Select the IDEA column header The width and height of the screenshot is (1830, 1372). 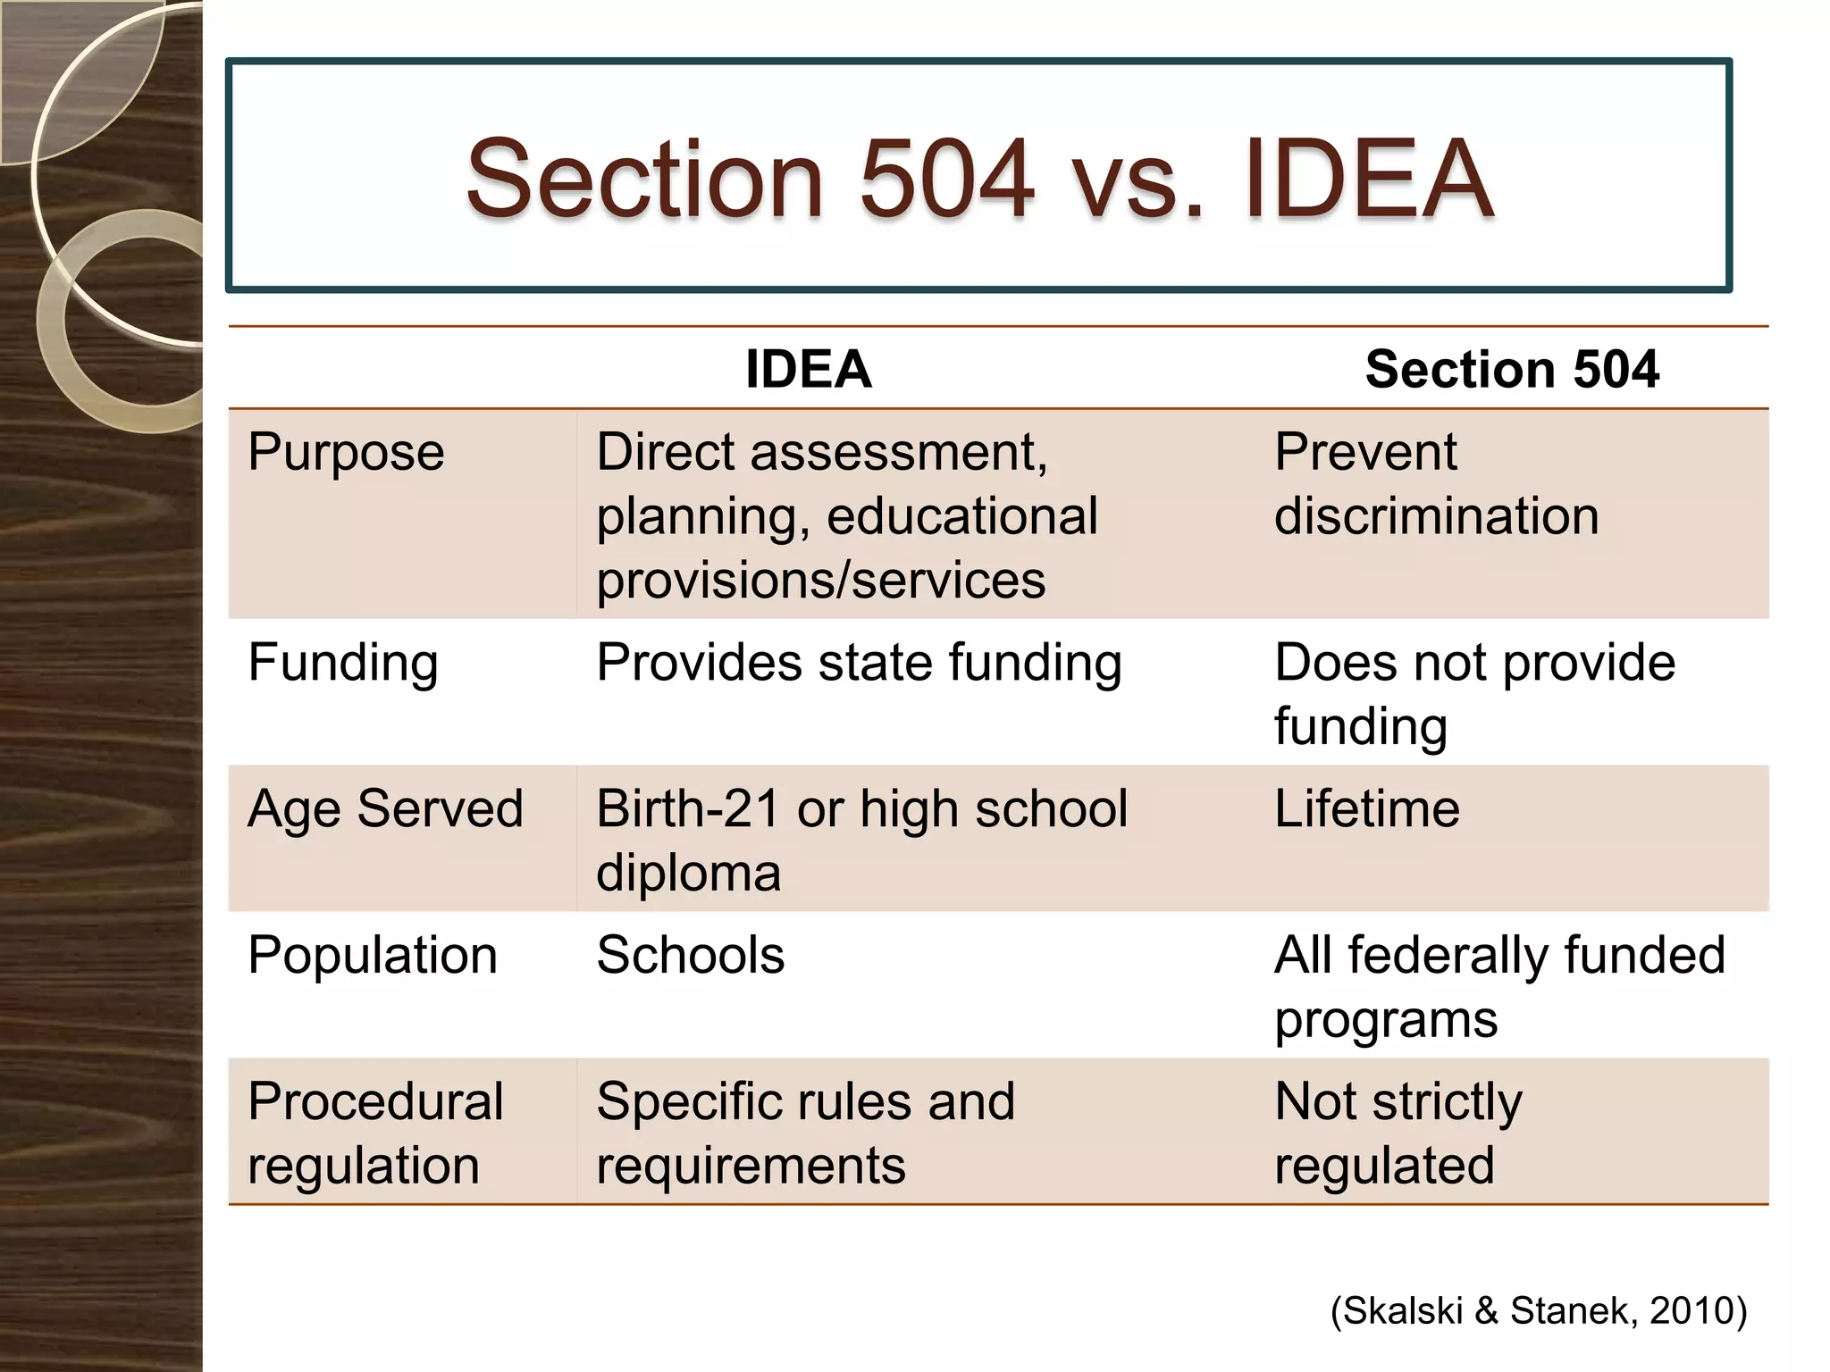(x=808, y=369)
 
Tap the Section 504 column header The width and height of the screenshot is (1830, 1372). (x=1512, y=369)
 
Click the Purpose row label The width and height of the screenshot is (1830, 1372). (x=346, y=452)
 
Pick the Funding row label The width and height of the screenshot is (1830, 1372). (x=343, y=663)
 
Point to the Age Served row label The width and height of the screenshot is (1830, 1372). (x=385, y=808)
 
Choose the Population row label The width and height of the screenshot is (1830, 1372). (x=373, y=955)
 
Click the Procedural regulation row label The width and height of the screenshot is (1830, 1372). (x=375, y=1133)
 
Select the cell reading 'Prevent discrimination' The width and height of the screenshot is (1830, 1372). (x=1436, y=483)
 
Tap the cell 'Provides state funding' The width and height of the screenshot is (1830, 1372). (x=859, y=663)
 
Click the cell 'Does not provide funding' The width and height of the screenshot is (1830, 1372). (x=1474, y=694)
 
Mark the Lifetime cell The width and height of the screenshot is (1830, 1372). (x=1367, y=808)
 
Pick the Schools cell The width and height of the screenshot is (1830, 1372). (x=691, y=955)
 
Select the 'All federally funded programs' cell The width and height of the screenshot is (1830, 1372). (x=1499, y=986)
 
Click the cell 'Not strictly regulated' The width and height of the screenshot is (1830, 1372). (x=1398, y=1133)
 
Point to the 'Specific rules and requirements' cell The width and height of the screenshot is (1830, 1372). (x=805, y=1133)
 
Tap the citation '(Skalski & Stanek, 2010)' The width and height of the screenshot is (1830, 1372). (x=1538, y=1310)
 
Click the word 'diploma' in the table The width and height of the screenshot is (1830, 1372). (x=688, y=873)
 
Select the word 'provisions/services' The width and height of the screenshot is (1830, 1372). (x=820, y=580)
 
